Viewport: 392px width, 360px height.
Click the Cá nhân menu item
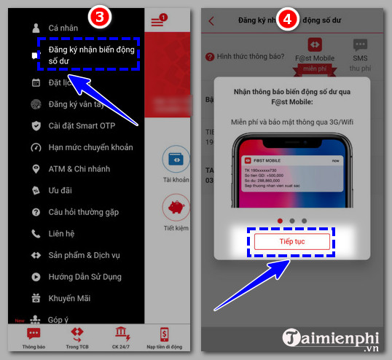pyautogui.click(x=63, y=28)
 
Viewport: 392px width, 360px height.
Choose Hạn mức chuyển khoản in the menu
pyautogui.click(x=90, y=147)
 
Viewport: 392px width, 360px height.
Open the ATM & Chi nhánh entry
pyautogui.click(x=80, y=169)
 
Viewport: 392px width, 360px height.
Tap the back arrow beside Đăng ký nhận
pyautogui.click(x=211, y=21)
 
